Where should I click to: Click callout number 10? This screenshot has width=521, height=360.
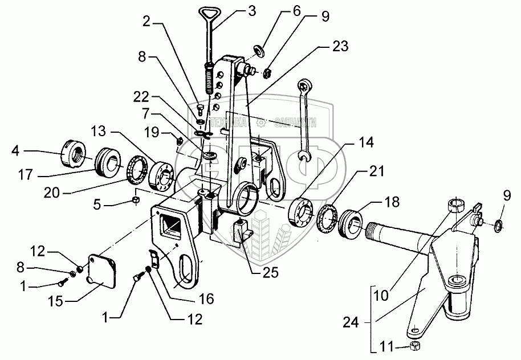click(x=381, y=296)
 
